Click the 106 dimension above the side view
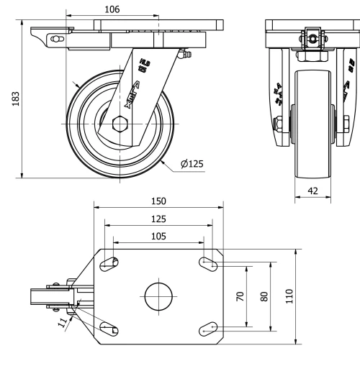[112, 9]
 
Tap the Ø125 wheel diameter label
[192, 164]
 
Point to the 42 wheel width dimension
[312, 191]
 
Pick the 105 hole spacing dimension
[159, 236]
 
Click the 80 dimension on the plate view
[264, 296]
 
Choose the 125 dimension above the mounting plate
[159, 218]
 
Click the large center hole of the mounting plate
[158, 296]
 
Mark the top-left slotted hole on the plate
[109, 264]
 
